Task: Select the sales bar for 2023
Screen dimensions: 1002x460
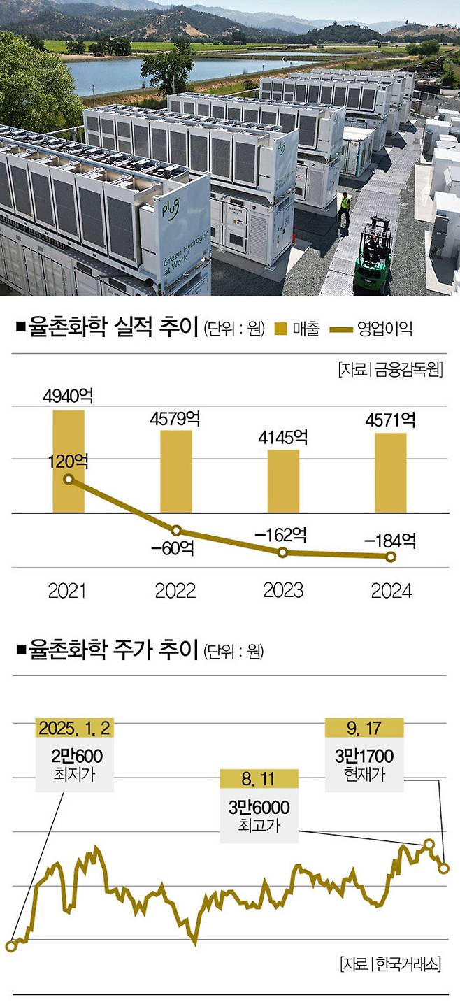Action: point(283,481)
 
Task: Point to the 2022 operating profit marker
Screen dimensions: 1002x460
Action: point(176,531)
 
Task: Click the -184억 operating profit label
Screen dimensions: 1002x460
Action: point(390,540)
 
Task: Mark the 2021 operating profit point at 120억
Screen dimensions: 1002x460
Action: point(69,479)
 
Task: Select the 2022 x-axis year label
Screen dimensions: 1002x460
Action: point(175,591)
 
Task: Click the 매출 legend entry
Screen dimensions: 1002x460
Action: point(298,329)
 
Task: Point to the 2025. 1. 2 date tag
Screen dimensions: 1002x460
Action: point(74,728)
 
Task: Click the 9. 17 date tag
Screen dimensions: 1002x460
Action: point(364,728)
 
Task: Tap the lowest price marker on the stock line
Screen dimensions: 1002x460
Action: point(10,946)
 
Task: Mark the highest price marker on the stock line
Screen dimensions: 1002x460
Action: point(429,844)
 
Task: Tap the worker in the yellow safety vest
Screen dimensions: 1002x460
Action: point(345,208)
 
